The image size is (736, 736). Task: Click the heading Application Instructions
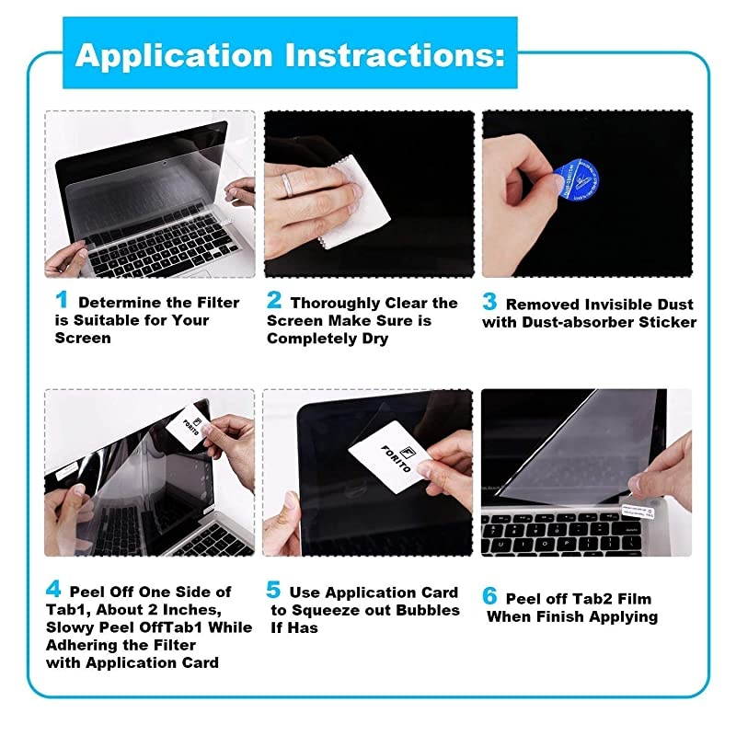pyautogui.click(x=290, y=54)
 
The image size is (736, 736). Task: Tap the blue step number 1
pyautogui.click(x=62, y=300)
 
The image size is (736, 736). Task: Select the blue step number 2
pyautogui.click(x=274, y=301)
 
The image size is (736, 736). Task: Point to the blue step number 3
pyautogui.click(x=490, y=303)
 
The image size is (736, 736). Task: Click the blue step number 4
pyautogui.click(x=54, y=591)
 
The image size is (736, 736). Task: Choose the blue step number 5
pyautogui.click(x=272, y=591)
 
